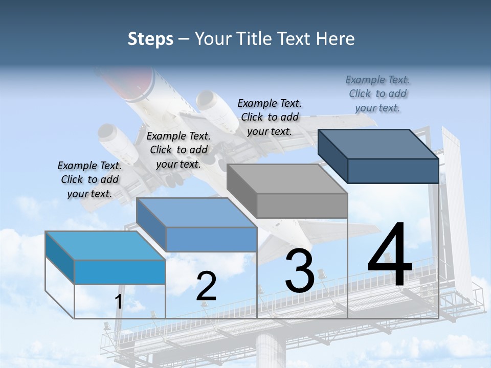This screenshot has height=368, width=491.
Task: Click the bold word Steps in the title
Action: coord(150,39)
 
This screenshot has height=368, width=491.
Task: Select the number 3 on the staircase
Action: coord(299,271)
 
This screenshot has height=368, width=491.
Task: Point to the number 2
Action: coord(206,286)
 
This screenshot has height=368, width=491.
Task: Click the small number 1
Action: coord(118,302)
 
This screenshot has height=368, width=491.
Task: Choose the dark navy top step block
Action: coord(378,156)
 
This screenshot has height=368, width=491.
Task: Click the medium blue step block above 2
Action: coord(197,225)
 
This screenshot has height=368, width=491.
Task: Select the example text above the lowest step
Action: coord(90,179)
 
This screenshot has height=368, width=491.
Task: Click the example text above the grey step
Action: coord(270,117)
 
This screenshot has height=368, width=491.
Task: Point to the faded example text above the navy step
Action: coord(377,94)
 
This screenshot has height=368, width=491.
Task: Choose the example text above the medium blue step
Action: coord(178,150)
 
